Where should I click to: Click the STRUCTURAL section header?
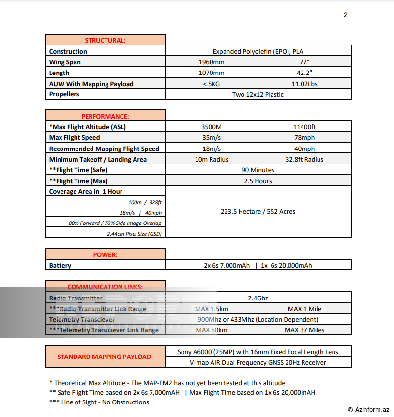(105, 40)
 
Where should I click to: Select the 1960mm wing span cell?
(212, 62)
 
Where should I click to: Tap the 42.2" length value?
(304, 73)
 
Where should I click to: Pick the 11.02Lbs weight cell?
(304, 84)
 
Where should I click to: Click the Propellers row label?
(64, 94)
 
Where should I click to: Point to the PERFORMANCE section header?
(105, 116)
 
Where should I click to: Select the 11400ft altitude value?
(304, 127)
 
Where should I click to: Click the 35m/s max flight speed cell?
(211, 138)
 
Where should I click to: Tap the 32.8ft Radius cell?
(304, 159)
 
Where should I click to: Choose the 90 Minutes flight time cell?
(258, 170)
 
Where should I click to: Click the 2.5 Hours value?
(258, 181)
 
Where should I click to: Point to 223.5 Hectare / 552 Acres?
(258, 211)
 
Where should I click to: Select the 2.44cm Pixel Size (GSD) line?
(134, 233)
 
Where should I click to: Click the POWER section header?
(105, 254)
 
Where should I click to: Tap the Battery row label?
(60, 265)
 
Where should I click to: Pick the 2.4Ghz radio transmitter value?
(258, 298)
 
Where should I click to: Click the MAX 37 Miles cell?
(304, 330)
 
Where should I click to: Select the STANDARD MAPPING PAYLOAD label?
(105, 357)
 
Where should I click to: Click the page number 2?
(345, 15)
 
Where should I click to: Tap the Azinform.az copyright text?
(368, 409)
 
